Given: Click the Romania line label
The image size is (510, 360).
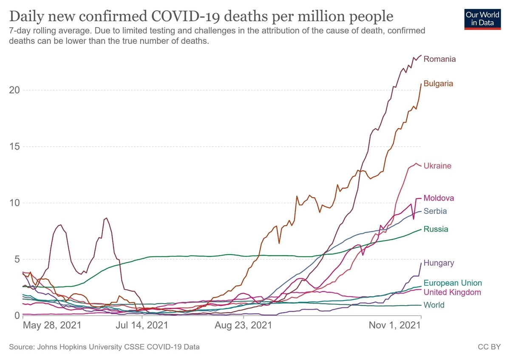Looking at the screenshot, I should (x=439, y=59).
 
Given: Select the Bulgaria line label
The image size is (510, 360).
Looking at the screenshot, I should (x=438, y=84).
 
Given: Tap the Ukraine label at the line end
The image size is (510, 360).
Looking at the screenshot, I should (x=437, y=166).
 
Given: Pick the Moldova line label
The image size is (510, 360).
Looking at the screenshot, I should (x=439, y=198).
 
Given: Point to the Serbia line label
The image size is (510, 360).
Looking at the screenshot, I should (x=435, y=211).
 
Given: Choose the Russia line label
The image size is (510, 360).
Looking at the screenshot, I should (x=436, y=230).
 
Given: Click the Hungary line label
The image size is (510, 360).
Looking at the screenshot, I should (x=439, y=263).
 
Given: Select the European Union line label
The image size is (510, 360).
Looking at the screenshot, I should (x=453, y=283).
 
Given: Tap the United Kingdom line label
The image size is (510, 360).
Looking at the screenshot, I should (x=452, y=292).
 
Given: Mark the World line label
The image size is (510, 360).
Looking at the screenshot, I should (x=434, y=305).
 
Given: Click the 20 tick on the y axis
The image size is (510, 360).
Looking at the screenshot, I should (x=14, y=90).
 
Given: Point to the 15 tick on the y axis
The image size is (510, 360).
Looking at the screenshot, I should (x=14, y=147).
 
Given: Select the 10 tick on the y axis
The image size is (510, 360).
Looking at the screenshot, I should (x=14, y=203).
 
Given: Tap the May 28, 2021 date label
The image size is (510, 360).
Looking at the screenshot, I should (x=51, y=326).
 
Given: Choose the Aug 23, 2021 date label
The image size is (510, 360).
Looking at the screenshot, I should (x=244, y=326).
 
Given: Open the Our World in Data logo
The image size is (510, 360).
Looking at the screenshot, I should (x=482, y=18).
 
